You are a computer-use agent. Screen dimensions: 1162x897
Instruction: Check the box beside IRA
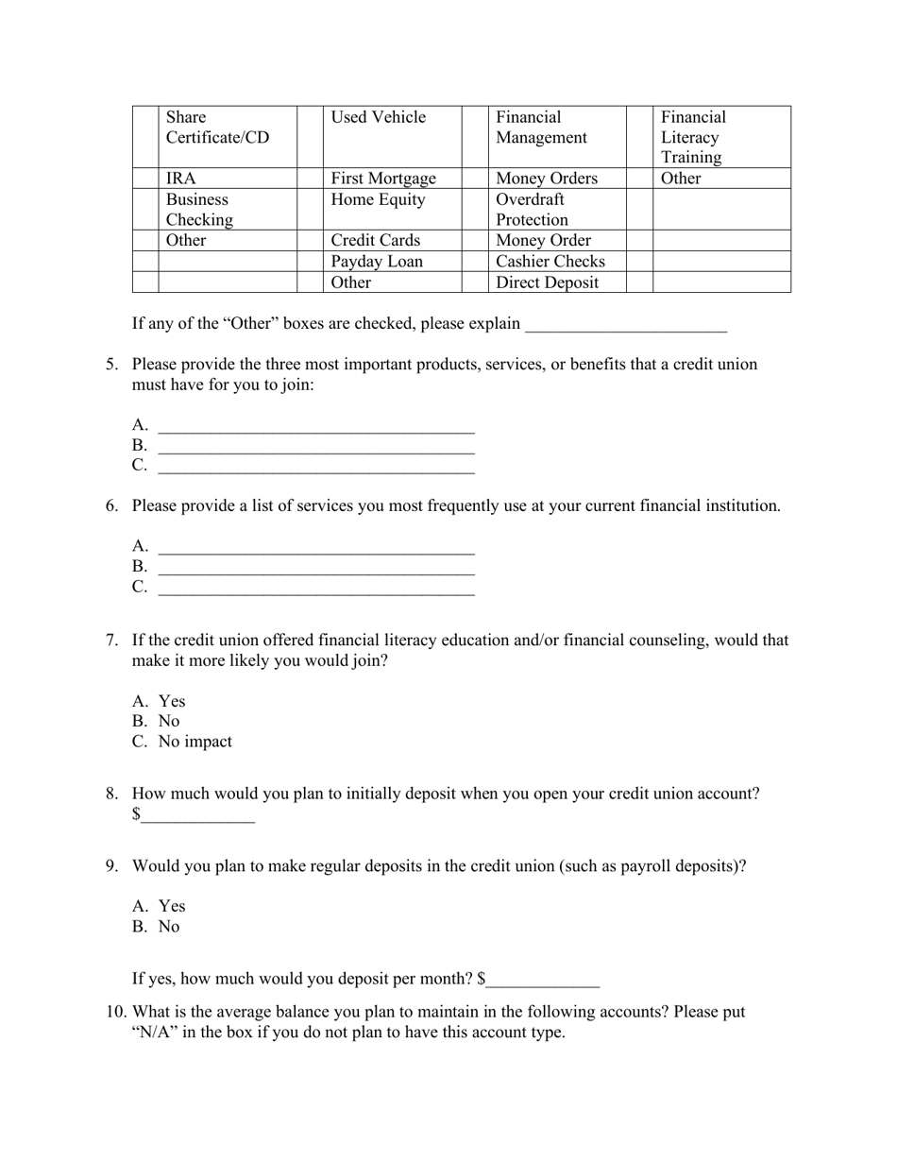tap(145, 178)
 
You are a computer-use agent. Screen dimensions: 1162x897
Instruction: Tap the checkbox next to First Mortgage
tap(310, 178)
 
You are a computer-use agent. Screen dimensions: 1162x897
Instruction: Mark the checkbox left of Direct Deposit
tap(474, 282)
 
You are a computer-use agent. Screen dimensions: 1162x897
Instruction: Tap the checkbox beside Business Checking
tap(145, 209)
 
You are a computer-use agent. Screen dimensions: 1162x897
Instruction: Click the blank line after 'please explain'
tap(625, 324)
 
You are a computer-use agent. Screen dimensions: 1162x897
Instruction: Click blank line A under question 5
tap(316, 425)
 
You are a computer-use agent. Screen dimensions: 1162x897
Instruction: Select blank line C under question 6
tap(316, 588)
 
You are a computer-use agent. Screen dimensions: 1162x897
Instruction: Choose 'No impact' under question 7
tap(195, 742)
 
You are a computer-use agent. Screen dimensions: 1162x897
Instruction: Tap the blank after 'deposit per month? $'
tap(543, 980)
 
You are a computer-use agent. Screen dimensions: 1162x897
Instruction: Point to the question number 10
tap(115, 1012)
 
